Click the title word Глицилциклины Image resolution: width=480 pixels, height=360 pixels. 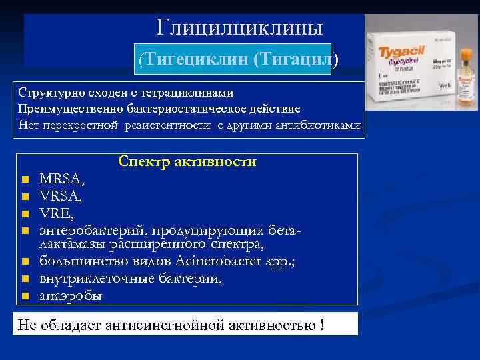pyautogui.click(x=240, y=27)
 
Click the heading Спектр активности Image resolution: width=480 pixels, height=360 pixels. pyautogui.click(x=187, y=162)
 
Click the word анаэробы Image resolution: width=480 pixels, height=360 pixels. pyautogui.click(x=71, y=295)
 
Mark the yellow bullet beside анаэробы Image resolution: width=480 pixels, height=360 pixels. pyautogui.click(x=24, y=296)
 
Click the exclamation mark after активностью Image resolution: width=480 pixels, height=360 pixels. pyautogui.click(x=323, y=325)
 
